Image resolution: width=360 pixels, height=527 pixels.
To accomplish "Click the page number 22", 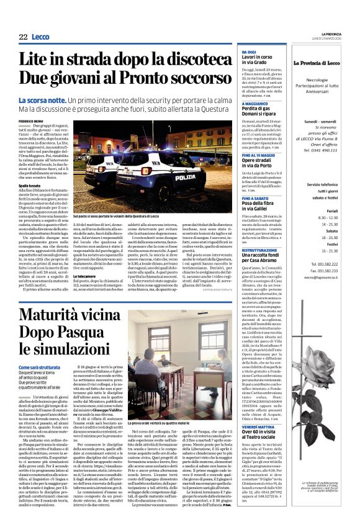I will [x=23, y=37].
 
